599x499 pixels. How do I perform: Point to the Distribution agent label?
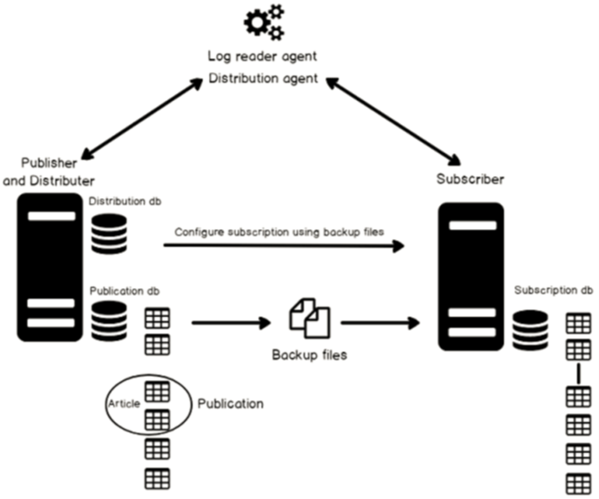coord(263,79)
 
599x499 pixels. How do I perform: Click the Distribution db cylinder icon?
coord(109,234)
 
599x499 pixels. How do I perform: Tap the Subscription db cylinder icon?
coord(530,329)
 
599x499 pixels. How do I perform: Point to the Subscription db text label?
coord(553,291)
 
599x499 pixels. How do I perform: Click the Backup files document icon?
coord(309,317)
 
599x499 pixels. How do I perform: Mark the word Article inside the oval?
coord(125,403)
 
